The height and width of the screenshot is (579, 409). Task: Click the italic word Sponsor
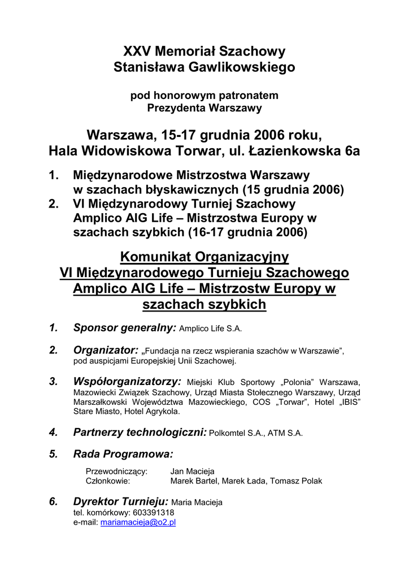tap(95, 327)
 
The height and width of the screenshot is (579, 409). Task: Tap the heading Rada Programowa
tap(123, 454)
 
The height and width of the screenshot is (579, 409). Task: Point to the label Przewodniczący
tap(116, 471)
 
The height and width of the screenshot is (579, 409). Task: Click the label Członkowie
tap(108, 481)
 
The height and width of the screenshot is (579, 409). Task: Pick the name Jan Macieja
tap(193, 471)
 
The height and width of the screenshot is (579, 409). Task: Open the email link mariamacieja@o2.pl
tap(138, 522)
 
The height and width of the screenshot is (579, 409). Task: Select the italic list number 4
tap(54, 433)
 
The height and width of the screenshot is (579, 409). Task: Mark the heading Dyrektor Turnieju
tap(121, 502)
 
